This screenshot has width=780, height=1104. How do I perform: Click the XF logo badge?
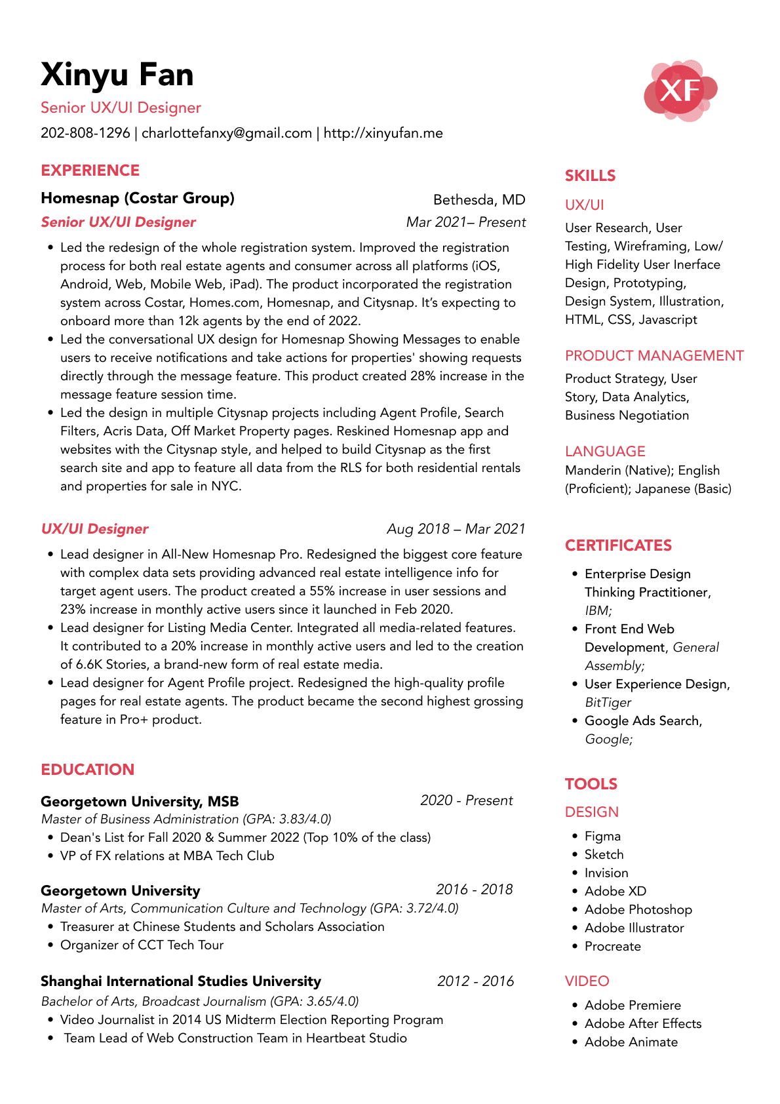click(680, 90)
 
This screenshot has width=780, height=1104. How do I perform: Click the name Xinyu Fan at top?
click(117, 75)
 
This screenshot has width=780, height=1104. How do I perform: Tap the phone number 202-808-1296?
click(85, 133)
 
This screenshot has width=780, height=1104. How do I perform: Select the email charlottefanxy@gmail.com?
click(227, 133)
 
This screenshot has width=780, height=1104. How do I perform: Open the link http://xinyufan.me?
click(383, 133)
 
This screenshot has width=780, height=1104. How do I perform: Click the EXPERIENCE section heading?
click(90, 170)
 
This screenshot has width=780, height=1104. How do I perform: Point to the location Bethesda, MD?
click(479, 200)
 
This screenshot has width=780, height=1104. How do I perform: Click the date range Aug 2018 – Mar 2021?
click(456, 529)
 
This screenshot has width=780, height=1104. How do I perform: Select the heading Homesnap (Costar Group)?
click(138, 198)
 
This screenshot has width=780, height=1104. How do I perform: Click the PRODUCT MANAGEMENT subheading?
click(654, 356)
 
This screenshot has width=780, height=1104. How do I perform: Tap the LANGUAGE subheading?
click(605, 451)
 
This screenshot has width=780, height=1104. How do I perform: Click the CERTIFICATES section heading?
click(618, 545)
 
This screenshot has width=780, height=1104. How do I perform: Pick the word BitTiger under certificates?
click(608, 703)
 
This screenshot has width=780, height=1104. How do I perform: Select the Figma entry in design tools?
click(602, 837)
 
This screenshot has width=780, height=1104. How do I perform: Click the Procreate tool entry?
click(612, 947)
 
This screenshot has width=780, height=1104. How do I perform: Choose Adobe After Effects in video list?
click(642, 1024)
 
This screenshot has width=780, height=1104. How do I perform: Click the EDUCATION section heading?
click(87, 770)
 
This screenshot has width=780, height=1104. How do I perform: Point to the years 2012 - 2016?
click(475, 981)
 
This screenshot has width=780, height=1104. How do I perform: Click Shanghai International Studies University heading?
click(181, 981)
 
